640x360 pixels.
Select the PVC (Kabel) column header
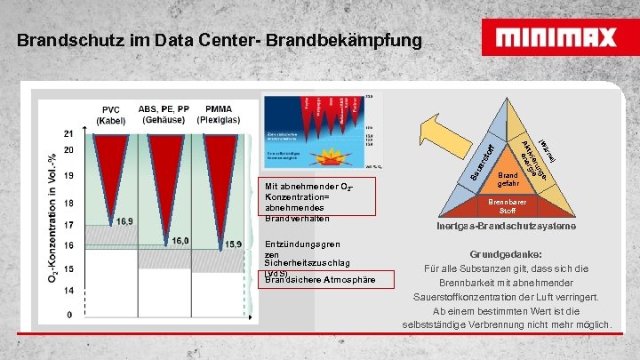pyautogui.click(x=112, y=116)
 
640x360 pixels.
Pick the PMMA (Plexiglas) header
pyautogui.click(x=220, y=116)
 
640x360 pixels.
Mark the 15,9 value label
pyautogui.click(x=232, y=244)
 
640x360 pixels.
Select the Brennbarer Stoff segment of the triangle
pyautogui.click(x=508, y=206)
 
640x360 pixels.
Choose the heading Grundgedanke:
pyautogui.click(x=508, y=252)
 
